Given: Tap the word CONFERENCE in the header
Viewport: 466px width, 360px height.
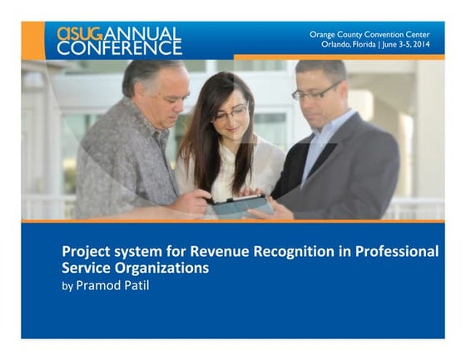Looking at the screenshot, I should tap(119, 48).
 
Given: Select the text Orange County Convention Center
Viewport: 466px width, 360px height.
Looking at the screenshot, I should tap(370, 34).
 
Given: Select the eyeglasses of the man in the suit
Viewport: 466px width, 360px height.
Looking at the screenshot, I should tap(315, 92).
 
